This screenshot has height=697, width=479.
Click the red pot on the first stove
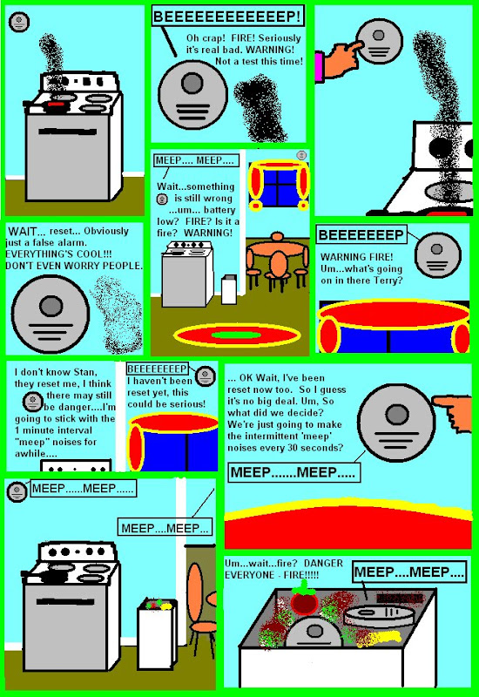coord(56,105)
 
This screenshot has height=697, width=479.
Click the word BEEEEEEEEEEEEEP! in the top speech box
coord(227,17)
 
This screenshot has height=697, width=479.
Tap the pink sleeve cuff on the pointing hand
coord(319,66)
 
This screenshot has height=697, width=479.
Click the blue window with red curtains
coord(279,186)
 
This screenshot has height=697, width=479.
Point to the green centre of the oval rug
coord(236,335)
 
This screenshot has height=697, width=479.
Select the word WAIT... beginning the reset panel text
coord(27,231)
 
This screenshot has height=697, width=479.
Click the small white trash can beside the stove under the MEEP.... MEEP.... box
coord(229,289)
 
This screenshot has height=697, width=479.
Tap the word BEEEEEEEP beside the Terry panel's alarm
coord(361,234)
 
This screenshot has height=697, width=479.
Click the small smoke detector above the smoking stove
coord(19,22)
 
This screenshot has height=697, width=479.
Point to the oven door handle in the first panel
coord(68,132)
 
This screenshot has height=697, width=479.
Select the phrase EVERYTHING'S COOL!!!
coord(58,254)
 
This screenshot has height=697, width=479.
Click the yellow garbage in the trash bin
coord(383,639)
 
